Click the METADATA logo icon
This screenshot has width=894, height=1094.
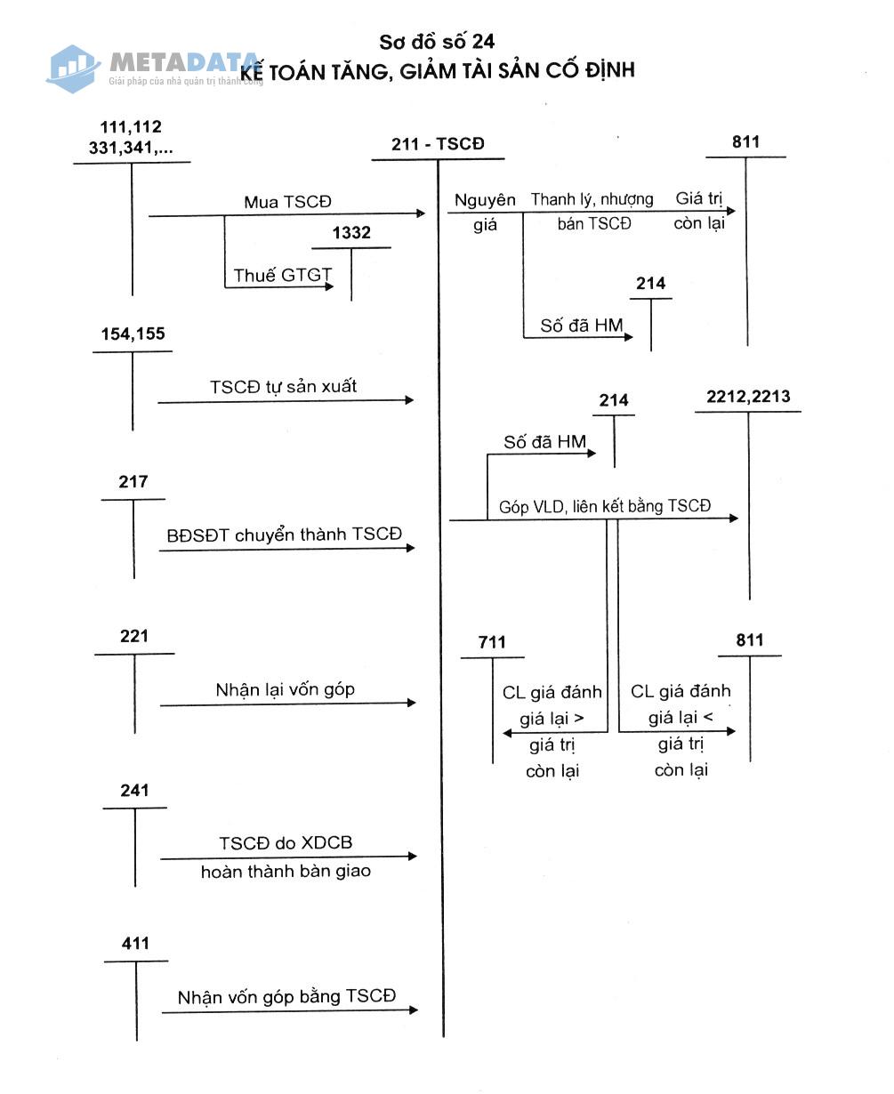(x=73, y=69)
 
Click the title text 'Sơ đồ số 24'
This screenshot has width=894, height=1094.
(x=437, y=42)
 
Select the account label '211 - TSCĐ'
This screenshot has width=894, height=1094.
(x=438, y=144)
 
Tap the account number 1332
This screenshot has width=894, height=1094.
(x=351, y=232)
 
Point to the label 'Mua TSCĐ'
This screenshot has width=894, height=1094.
(x=287, y=202)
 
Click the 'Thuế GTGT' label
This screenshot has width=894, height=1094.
(x=282, y=275)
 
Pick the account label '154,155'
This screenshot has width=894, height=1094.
(x=133, y=334)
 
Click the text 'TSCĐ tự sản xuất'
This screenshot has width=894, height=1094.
(x=283, y=386)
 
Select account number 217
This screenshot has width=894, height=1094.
(x=133, y=481)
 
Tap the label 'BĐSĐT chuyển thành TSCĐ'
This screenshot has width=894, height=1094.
(x=285, y=535)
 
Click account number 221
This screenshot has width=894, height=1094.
(x=133, y=636)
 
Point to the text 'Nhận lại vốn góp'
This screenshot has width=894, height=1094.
(x=286, y=690)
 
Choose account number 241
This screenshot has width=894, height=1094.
(x=134, y=790)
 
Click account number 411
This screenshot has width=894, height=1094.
(x=135, y=943)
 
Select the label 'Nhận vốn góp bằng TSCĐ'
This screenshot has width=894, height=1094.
(x=287, y=996)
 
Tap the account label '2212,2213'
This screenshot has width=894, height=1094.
(x=748, y=397)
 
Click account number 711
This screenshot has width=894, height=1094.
(x=492, y=642)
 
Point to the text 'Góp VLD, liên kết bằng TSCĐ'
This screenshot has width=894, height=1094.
(x=605, y=506)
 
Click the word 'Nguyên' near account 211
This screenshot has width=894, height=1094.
(x=485, y=200)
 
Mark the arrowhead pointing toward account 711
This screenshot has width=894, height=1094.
(x=507, y=733)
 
